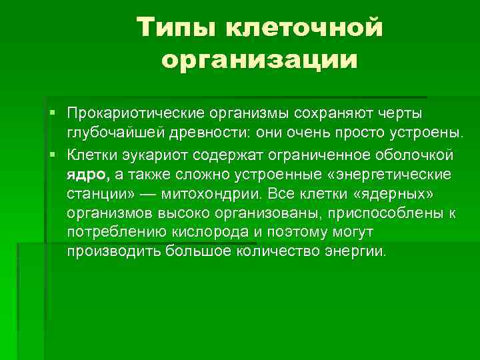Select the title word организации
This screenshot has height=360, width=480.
pos(259,59)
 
